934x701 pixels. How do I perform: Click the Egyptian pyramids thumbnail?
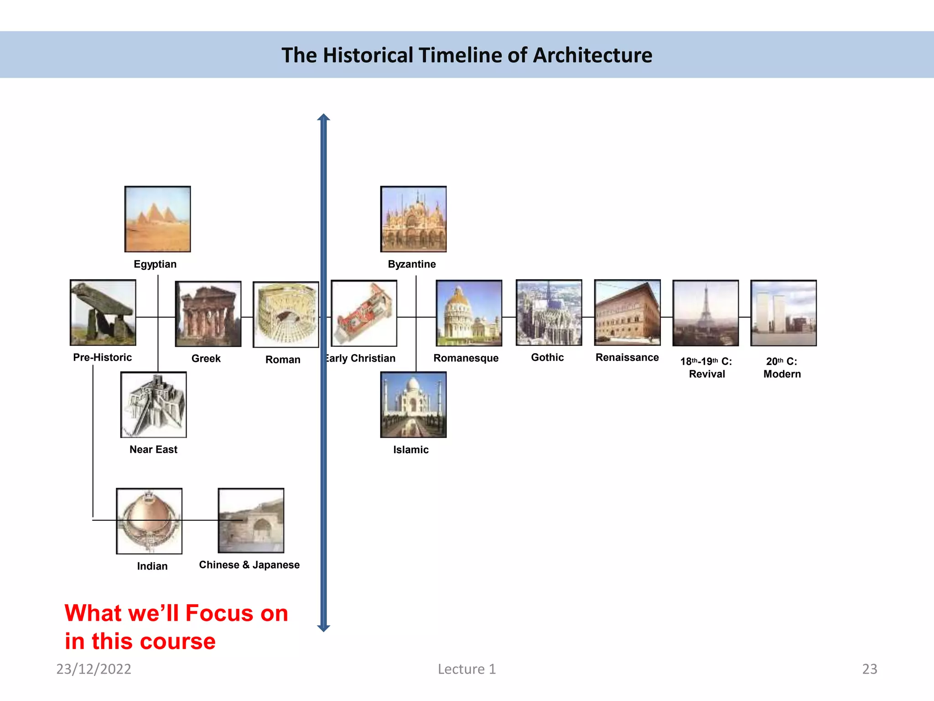pos(157,219)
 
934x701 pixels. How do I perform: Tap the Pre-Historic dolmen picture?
pos(103,313)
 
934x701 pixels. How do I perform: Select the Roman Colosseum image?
pos(285,314)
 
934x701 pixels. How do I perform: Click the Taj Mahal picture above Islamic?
pos(413,405)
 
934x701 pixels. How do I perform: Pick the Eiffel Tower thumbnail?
pos(706,313)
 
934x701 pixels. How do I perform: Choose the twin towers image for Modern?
pos(784,313)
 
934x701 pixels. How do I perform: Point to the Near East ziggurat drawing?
pos(153,405)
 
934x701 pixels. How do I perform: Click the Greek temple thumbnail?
pos(208,314)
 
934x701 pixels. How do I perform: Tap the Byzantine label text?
pos(412,264)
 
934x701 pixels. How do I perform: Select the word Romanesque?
pos(466,358)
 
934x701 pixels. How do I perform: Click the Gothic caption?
pos(547,357)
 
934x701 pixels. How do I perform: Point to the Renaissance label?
pos(627,357)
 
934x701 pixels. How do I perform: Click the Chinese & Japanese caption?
pos(249,565)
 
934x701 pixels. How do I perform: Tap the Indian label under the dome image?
pos(152,566)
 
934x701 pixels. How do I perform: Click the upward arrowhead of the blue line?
pos(323,118)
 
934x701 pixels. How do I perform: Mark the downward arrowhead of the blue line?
pos(323,628)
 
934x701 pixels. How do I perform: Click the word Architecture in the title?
pos(592,55)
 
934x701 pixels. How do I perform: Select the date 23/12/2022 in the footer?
pos(93,669)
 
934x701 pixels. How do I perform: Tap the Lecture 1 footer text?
pos(467,669)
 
